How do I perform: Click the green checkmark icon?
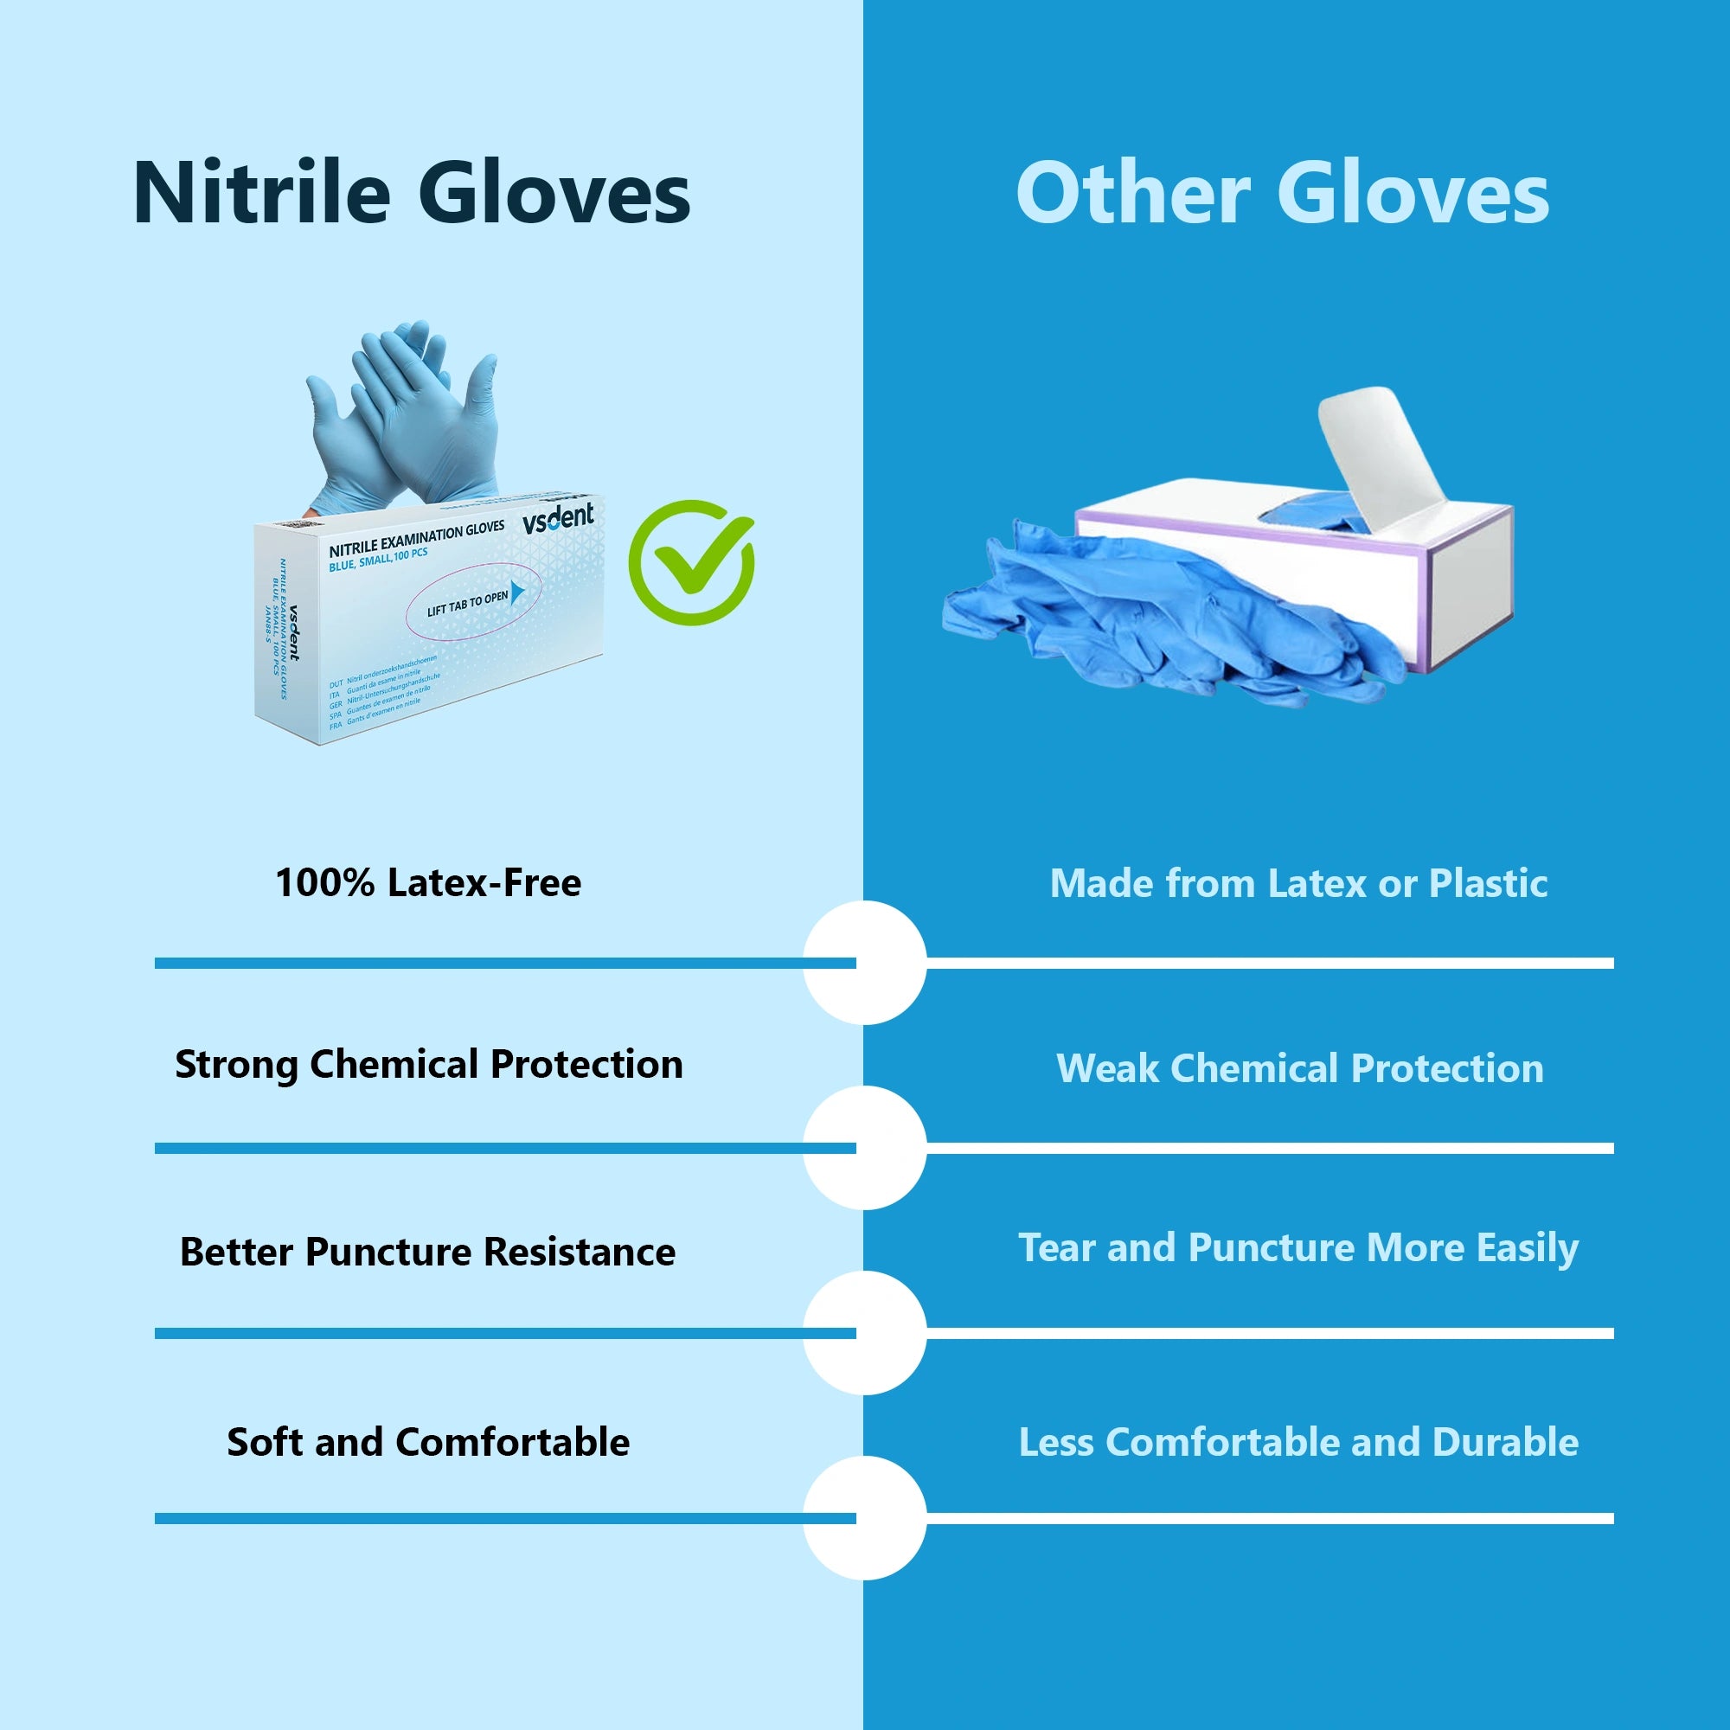690,562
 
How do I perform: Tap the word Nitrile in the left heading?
261,194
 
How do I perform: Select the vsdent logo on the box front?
558,518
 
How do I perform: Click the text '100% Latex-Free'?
428,883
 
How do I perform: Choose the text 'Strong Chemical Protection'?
428,1065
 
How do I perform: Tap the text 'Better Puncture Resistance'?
428,1252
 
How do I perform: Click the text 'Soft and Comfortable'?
428,1443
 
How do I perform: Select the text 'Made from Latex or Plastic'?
1298,884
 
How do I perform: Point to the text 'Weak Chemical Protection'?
1299,1068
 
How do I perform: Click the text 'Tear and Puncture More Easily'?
1298,1248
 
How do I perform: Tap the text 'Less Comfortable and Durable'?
1298,1443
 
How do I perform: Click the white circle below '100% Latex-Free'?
864,963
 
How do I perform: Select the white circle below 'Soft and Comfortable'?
864,1518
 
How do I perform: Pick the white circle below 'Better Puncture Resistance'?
864,1333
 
